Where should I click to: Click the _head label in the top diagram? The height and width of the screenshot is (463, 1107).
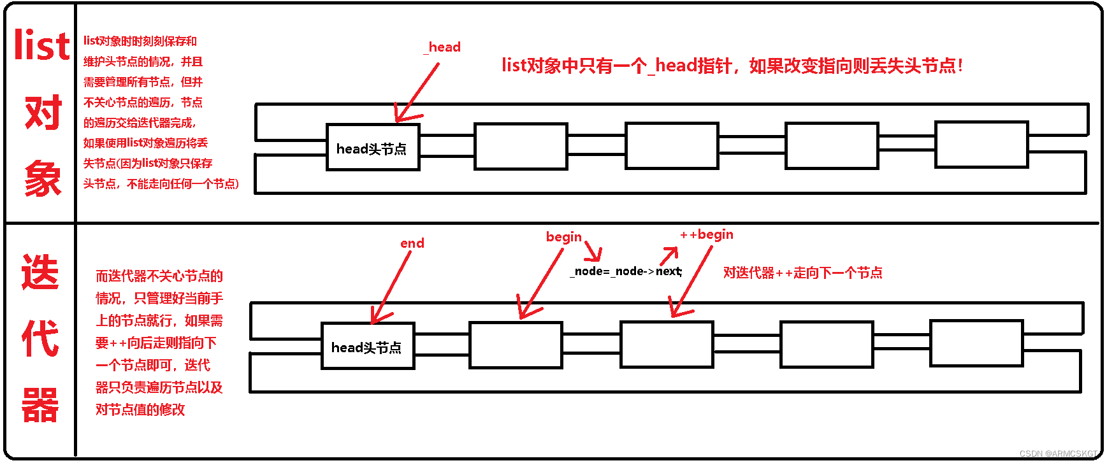[443, 47]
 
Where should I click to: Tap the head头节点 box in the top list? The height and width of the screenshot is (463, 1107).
[372, 148]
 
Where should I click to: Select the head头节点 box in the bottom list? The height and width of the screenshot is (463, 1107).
[368, 346]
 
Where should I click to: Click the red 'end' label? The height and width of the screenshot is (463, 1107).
[412, 243]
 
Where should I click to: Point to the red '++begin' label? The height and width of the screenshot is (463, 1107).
[707, 234]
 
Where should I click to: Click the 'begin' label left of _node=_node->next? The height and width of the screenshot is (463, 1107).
[563, 237]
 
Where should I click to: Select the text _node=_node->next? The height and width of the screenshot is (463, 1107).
[626, 271]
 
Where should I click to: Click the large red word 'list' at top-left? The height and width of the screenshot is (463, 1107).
[41, 46]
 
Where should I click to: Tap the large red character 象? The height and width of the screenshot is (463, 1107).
[42, 179]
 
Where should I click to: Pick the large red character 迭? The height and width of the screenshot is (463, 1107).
[40, 273]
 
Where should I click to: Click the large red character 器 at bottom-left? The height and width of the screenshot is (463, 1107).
[40, 405]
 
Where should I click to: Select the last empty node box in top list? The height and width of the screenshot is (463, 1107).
[981, 145]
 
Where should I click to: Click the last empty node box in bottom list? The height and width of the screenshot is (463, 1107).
[976, 343]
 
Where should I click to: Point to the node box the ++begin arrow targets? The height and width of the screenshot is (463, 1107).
[667, 345]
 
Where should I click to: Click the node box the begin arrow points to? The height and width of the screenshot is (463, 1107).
[516, 345]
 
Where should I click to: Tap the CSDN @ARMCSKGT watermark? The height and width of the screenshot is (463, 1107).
[1059, 453]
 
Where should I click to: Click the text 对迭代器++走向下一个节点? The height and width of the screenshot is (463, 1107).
[802, 273]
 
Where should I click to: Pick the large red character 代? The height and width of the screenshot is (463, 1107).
[40, 338]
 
